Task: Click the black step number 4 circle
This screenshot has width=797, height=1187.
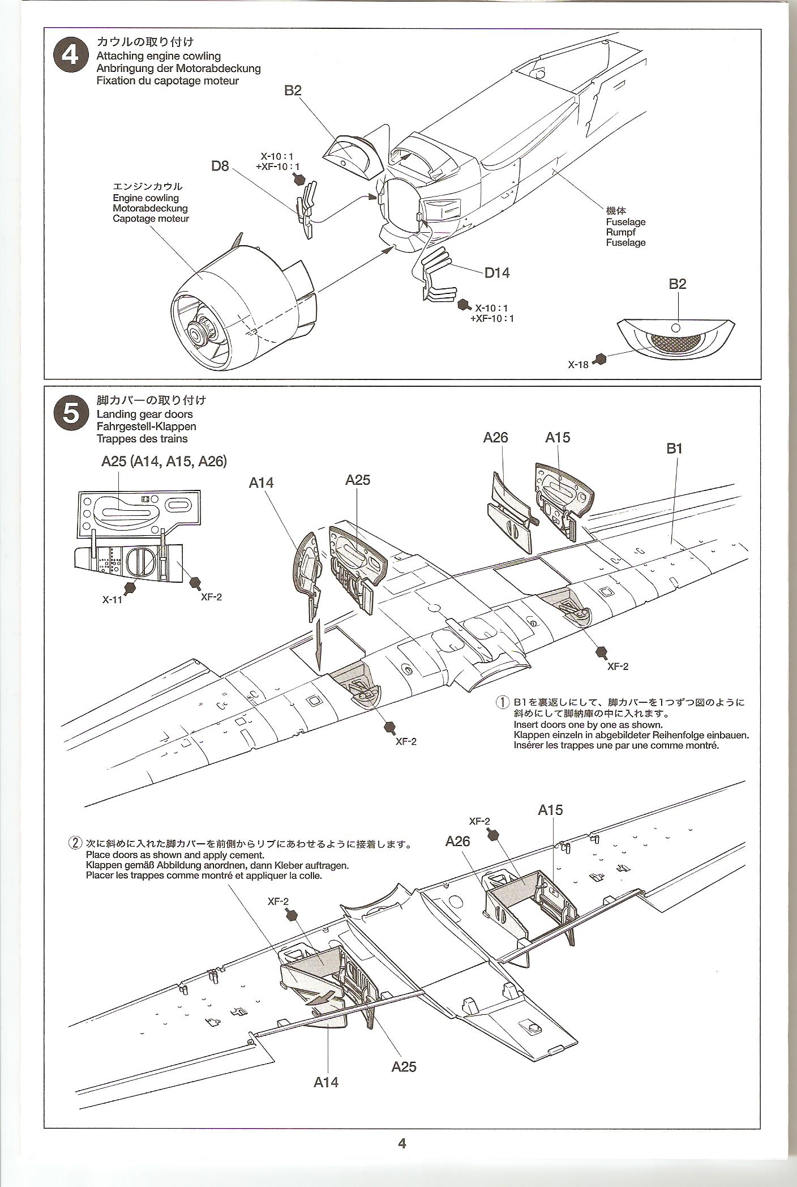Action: click(71, 56)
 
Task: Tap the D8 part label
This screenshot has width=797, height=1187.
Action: click(220, 166)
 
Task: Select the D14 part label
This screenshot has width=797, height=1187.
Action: click(496, 273)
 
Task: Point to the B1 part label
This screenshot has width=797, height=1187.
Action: click(674, 449)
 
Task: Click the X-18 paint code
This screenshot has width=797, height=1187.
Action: click(579, 365)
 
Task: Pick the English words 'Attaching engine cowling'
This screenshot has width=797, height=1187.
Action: click(158, 56)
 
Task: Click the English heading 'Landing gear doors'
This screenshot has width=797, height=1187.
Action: click(144, 414)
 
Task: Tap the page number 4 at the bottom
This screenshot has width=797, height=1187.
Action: click(402, 1143)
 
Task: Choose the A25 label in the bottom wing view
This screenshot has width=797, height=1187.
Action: click(404, 1066)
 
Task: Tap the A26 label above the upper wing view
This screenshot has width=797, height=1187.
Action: click(495, 437)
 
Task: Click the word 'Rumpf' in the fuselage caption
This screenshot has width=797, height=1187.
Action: click(620, 232)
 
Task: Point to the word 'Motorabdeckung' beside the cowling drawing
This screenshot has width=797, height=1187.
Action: click(150, 208)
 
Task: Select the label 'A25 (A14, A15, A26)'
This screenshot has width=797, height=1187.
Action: click(164, 462)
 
